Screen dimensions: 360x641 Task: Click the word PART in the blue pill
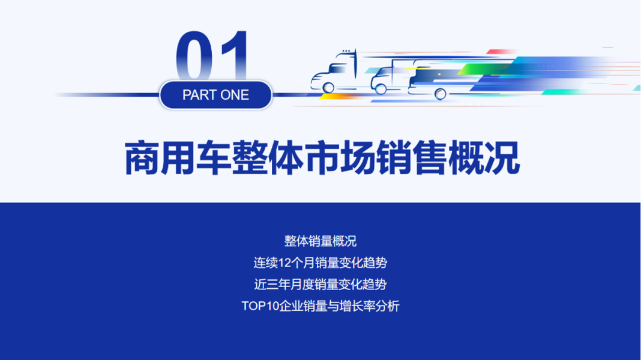(x=199, y=95)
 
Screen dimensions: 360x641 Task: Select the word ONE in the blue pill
(x=234, y=95)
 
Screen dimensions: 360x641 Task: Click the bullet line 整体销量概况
(x=320, y=241)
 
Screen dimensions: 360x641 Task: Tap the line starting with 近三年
(x=320, y=285)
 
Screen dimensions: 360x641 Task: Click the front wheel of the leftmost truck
(x=328, y=87)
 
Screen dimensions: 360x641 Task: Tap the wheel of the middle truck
(x=380, y=88)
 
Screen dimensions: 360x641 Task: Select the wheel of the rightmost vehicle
(x=440, y=93)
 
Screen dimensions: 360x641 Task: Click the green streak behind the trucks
(x=475, y=70)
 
